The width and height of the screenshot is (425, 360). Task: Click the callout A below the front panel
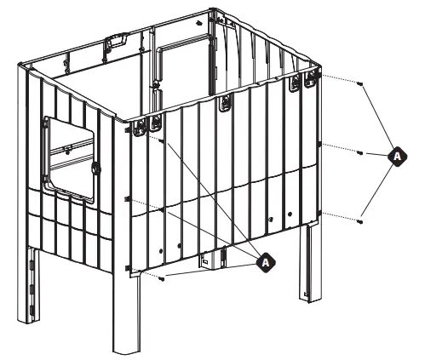pos(267,263)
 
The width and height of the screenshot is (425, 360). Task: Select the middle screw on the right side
pos(361,153)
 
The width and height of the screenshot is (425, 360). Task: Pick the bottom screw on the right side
pos(361,221)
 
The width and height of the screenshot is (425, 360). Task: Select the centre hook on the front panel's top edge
pos(226,103)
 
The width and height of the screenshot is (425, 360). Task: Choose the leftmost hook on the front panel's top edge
pos(158,124)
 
